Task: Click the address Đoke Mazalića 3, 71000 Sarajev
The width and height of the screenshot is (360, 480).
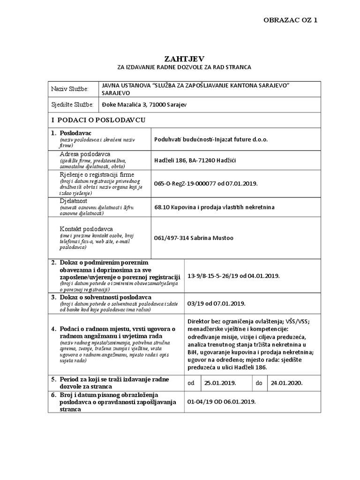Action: [x=144, y=105]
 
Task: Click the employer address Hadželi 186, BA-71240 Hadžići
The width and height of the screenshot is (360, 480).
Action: [x=195, y=161]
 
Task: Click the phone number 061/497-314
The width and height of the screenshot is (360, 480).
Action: [x=172, y=237]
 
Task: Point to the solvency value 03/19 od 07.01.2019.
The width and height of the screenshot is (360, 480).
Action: [x=216, y=302]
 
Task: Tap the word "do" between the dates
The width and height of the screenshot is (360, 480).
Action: [x=259, y=382]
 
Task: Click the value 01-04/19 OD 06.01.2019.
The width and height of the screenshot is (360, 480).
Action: [x=221, y=402]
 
